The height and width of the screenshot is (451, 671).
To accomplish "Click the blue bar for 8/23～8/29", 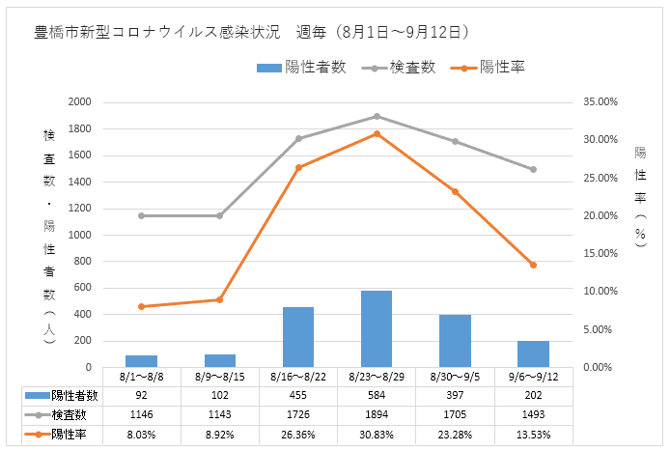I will pos(377,328).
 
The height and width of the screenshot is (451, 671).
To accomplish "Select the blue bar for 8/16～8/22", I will pos(298,337).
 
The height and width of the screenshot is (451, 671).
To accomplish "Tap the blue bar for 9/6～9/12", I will pos(533,353).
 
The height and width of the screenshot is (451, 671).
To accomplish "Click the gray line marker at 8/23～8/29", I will pos(377,116).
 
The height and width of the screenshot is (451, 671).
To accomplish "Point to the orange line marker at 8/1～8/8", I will pos(141,306).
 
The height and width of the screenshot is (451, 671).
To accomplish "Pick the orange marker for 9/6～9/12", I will pos(533,265).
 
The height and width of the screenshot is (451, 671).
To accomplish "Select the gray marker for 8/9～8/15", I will pos(219,215).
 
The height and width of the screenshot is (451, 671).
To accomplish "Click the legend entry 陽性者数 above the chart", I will pos(300,67).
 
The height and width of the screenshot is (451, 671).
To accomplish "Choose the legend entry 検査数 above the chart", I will pos(404,67).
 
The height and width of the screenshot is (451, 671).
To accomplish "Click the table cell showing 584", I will pos(377,395).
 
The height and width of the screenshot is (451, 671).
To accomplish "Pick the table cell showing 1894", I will pos(377,413).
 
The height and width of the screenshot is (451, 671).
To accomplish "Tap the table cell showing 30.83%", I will pos(377,433).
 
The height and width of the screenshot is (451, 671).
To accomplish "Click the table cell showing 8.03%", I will pos(141,433).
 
